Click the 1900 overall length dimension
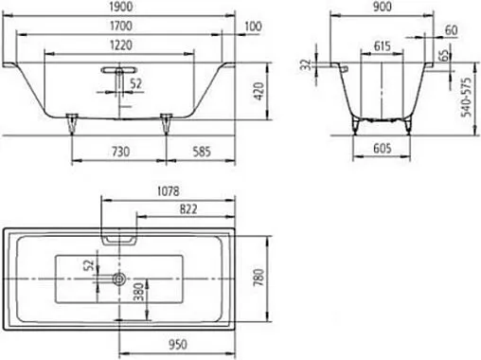120,8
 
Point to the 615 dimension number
383,45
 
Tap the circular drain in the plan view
119,279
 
